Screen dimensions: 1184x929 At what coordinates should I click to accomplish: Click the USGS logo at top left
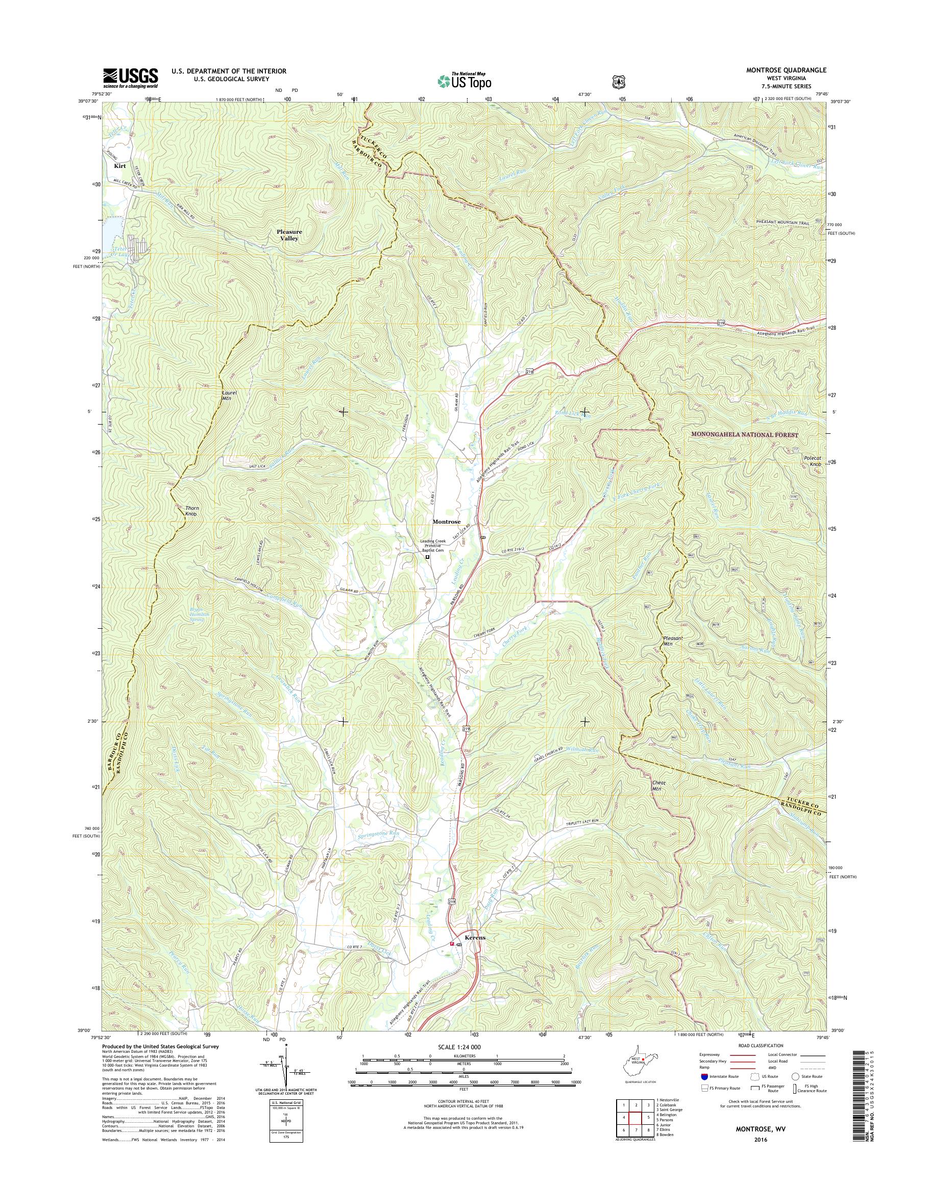point(131,78)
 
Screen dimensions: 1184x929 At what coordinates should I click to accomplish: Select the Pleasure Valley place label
point(289,235)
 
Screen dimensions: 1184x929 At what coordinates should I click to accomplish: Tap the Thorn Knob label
point(190,511)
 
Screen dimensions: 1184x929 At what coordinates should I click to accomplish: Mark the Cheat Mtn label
point(658,785)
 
